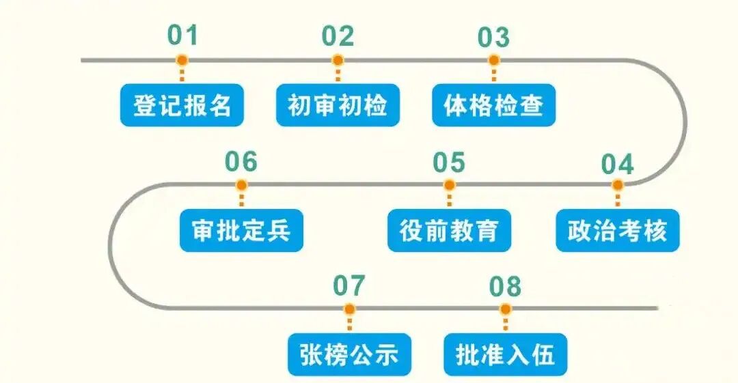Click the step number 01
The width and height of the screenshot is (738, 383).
[182, 36]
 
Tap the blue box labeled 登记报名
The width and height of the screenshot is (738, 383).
[182, 105]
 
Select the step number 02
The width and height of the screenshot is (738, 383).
[338, 36]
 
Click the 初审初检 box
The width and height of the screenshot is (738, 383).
[338, 105]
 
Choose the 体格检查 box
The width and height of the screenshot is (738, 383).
[493, 105]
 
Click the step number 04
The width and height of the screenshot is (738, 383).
[618, 165]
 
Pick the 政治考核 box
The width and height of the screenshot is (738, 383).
[617, 231]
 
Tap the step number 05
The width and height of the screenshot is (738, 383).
[449, 162]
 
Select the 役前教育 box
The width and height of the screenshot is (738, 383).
[449, 231]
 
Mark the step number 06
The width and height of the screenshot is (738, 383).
[241, 162]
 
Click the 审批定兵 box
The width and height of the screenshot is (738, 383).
[241, 231]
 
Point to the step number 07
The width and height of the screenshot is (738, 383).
[349, 286]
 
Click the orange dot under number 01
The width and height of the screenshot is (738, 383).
[182, 60]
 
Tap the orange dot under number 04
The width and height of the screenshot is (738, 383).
[618, 185]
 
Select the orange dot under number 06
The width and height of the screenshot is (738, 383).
[241, 185]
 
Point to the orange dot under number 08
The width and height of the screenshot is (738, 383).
[506, 309]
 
